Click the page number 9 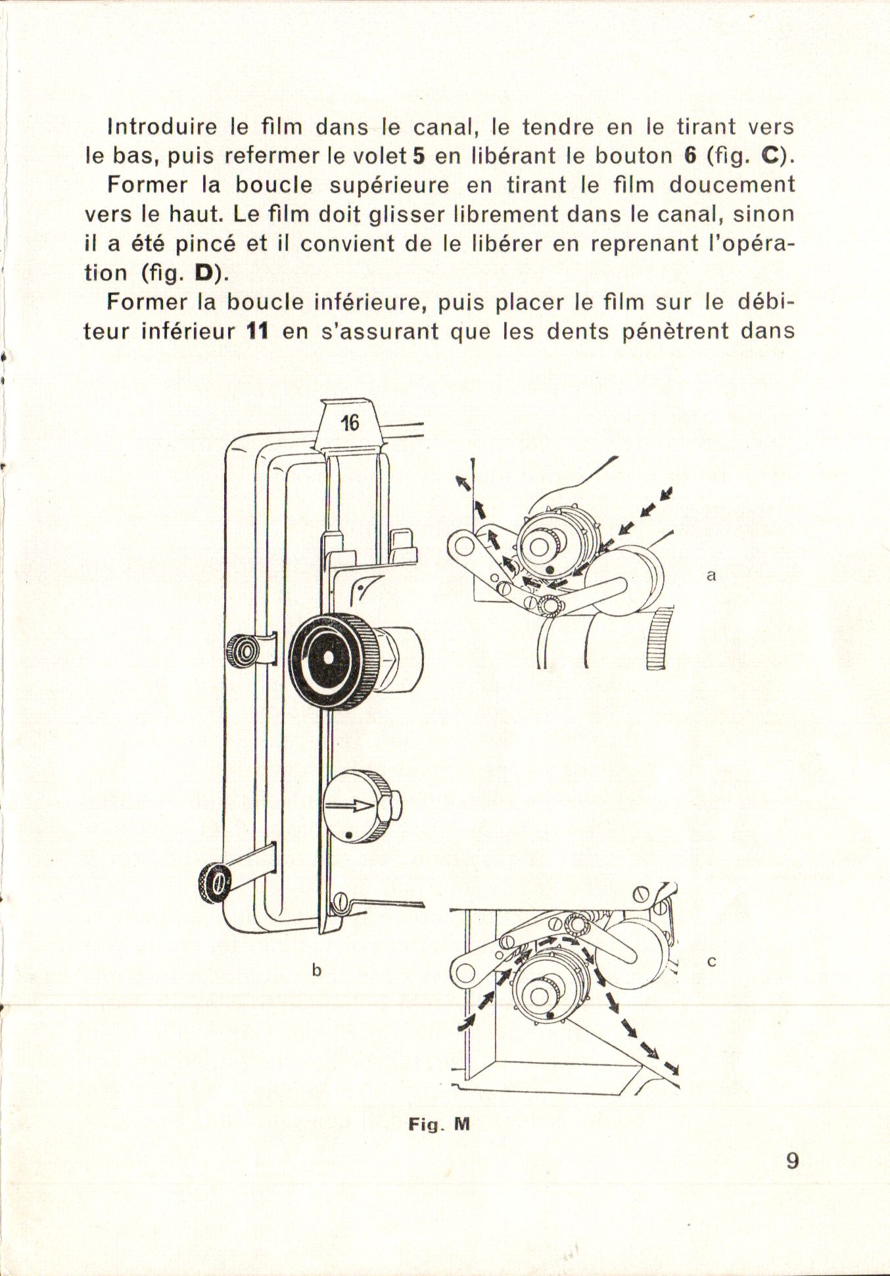point(792,1160)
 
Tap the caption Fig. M point(439,1124)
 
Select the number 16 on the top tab point(350,423)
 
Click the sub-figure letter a point(711,575)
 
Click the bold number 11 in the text point(257,331)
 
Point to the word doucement point(732,186)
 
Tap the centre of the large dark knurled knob point(326,658)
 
